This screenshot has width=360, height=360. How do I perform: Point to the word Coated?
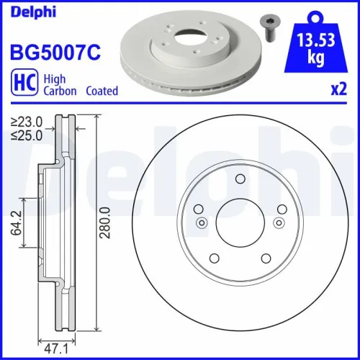pyautogui.click(x=102, y=91)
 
